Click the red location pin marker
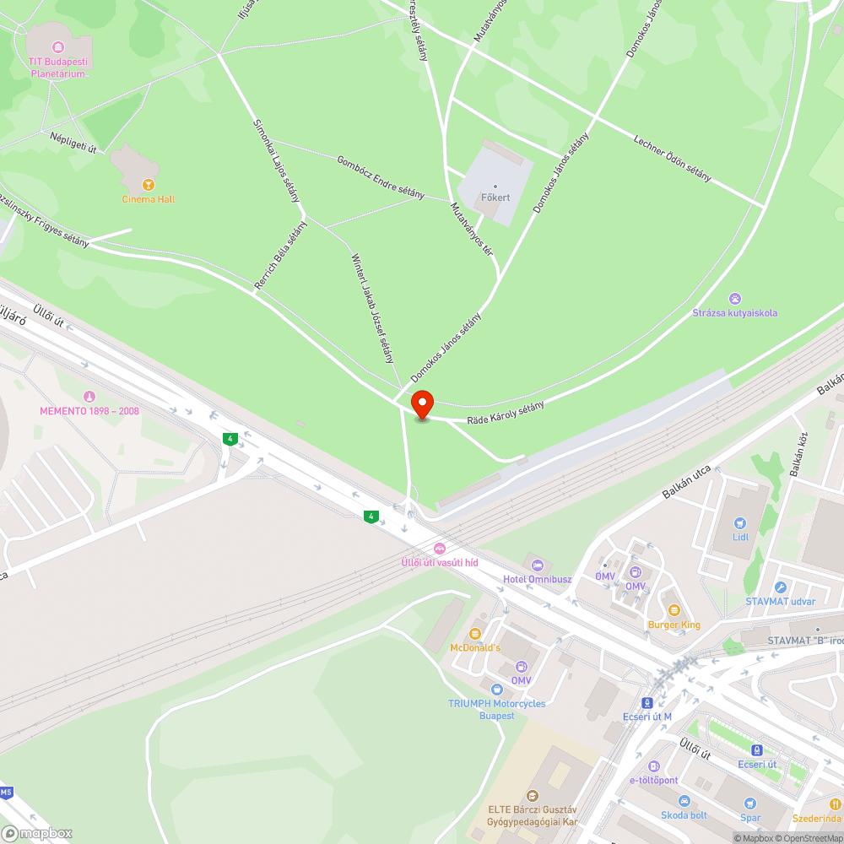(x=421, y=404)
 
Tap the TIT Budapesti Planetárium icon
(x=58, y=46)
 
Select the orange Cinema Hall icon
(x=149, y=185)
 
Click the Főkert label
(x=495, y=197)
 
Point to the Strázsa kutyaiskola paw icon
(x=735, y=299)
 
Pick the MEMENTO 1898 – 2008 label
(x=89, y=411)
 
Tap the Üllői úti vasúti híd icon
(x=438, y=549)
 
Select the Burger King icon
(x=674, y=610)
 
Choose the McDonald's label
(x=475, y=647)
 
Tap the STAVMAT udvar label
(x=780, y=601)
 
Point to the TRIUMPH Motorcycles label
(x=496, y=704)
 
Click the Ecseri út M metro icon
(x=647, y=702)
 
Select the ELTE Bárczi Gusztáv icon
(x=532, y=795)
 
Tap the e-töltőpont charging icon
(x=653, y=766)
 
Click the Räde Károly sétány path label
(x=506, y=412)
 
